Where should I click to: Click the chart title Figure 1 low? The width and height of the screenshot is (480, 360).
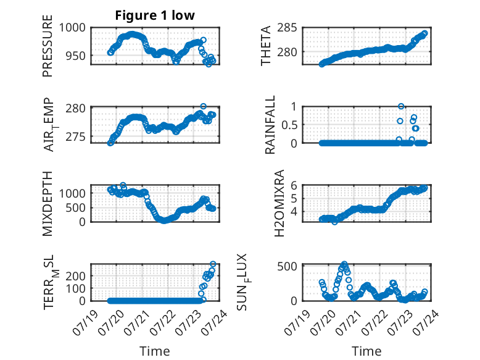tap(155, 15)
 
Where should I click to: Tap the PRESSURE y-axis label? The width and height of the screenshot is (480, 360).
tap(48, 46)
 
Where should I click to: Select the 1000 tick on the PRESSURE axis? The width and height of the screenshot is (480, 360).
tap(72, 28)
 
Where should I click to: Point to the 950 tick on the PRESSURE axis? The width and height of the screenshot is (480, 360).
tap(76, 56)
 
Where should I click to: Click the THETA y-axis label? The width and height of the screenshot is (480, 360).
tap(266, 46)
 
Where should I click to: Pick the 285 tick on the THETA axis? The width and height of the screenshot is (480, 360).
tap(287, 28)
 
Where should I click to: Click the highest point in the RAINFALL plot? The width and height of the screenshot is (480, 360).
tap(400, 106)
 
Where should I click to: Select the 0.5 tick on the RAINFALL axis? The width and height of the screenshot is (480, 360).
tap(289, 125)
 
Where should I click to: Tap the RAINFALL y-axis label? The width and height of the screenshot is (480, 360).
tap(270, 124)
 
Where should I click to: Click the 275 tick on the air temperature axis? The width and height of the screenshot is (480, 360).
tap(76, 136)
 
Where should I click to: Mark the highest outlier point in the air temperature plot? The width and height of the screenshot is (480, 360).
tap(203, 106)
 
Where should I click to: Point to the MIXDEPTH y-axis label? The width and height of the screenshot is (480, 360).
tap(48, 203)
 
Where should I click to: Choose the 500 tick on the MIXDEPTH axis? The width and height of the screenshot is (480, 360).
tap(79, 207)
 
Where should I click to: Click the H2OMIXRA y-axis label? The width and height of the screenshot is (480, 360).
tap(279, 203)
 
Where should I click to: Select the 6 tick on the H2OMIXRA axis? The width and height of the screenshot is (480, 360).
tap(294, 185)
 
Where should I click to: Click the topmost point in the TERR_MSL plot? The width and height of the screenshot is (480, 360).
tap(213, 264)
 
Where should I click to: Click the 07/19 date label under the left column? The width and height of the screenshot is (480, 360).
tap(86, 322)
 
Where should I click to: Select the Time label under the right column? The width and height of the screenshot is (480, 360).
tap(366, 351)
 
